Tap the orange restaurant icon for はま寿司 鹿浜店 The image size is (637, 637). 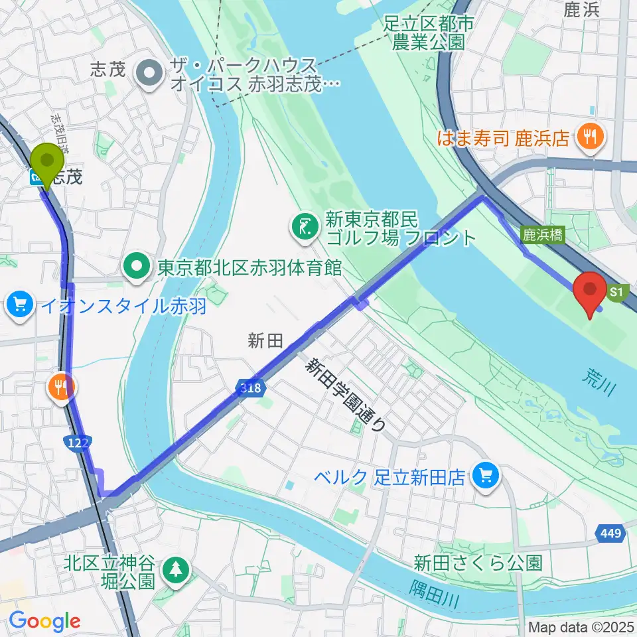[587, 137]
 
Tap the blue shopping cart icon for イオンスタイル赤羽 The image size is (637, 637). [20, 306]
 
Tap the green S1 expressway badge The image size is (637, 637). [616, 292]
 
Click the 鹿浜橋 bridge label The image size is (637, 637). [542, 234]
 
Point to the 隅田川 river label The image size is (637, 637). [433, 593]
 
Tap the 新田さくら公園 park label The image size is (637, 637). [478, 564]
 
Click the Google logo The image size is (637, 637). [44, 622]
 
